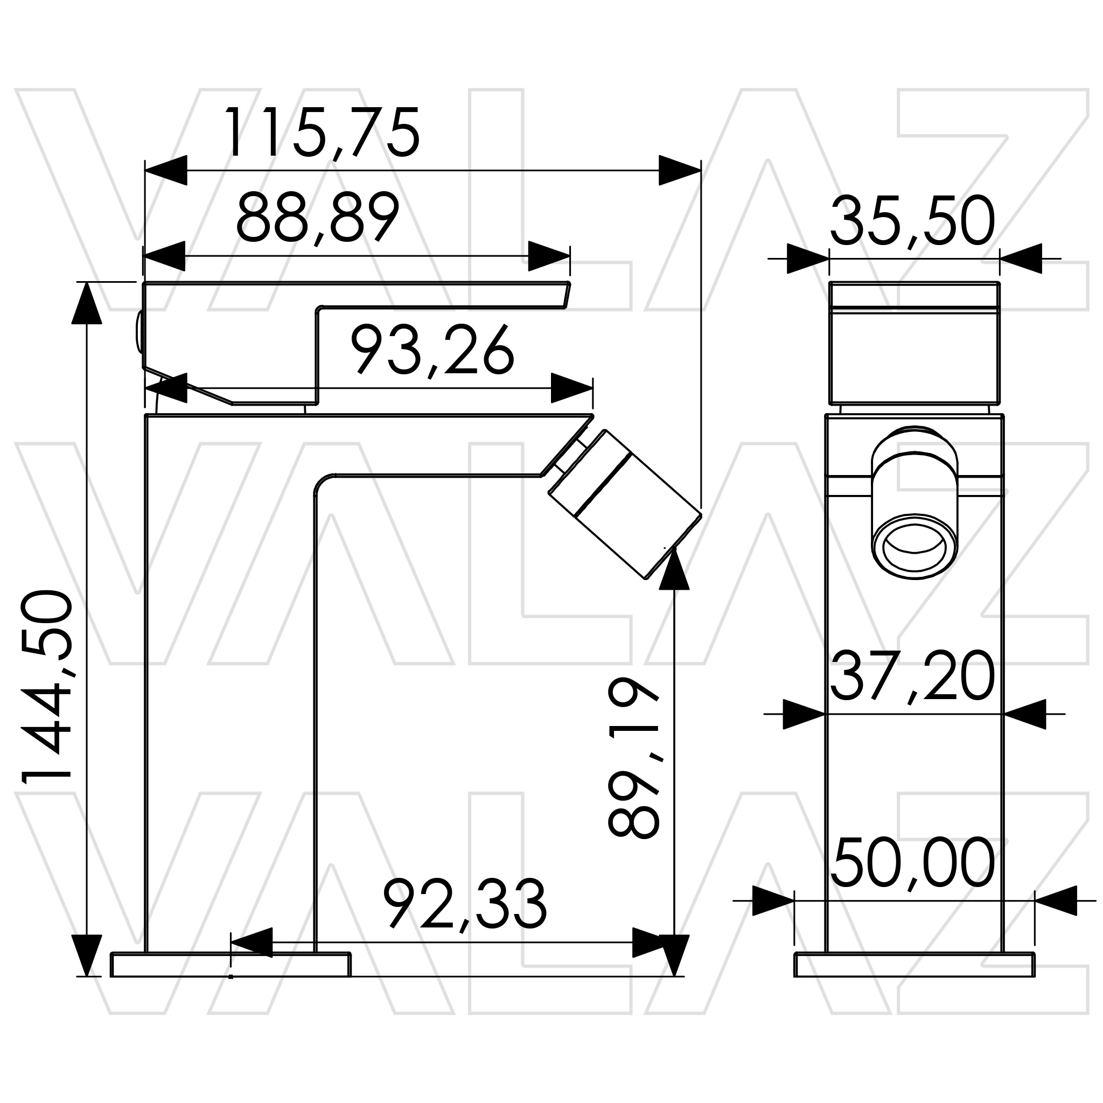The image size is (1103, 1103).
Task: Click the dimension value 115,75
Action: [x=323, y=133]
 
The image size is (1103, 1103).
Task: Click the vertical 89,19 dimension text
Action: [x=634, y=758]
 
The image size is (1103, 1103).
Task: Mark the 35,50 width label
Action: [x=912, y=221]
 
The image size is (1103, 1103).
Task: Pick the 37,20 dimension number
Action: [x=912, y=676]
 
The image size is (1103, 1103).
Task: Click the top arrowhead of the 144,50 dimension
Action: [x=87, y=303]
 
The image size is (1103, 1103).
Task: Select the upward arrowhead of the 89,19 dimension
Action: [x=674, y=568]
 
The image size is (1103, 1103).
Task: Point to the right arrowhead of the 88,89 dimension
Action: [x=549, y=256]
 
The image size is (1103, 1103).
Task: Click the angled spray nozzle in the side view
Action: [x=625, y=504]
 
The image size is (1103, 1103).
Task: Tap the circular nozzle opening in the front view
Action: [x=914, y=546]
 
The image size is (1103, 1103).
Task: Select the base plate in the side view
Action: [x=231, y=965]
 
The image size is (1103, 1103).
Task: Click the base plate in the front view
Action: [x=914, y=965]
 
